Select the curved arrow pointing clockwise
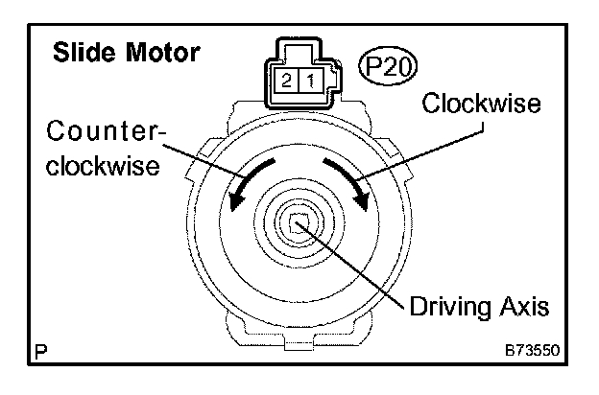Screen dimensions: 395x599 (x=347, y=182)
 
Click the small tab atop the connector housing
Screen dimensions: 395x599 (x=298, y=49)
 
